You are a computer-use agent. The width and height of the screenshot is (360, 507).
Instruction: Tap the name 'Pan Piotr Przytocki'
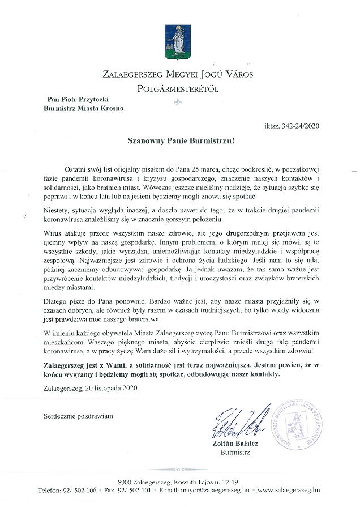point(82,98)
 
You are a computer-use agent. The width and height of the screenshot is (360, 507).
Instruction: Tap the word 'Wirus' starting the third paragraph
point(54,232)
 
